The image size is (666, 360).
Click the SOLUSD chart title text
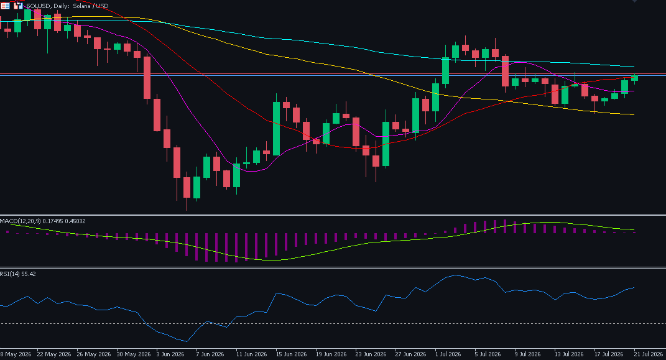[x=67, y=6]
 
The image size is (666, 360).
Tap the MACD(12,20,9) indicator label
[x=42, y=221]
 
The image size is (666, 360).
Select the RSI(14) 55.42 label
[x=18, y=274]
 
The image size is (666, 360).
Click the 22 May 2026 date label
[x=54, y=354]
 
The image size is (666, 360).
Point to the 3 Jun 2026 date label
[x=170, y=354]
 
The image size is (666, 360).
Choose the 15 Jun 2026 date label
[x=291, y=354]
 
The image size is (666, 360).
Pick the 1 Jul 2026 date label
[x=448, y=354]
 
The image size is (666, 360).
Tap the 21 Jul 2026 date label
[x=648, y=354]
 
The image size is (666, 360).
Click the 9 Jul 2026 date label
[x=527, y=354]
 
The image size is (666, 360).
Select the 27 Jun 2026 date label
[x=410, y=354]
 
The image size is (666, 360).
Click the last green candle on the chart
[x=634, y=78]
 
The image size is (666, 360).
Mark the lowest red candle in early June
[x=187, y=188]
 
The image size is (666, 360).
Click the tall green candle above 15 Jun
[x=277, y=129]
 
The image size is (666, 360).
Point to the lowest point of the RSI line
[x=187, y=341]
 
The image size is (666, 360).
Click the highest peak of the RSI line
[x=455, y=275]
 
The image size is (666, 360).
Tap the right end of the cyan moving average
[x=634, y=67]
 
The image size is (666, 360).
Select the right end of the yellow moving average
[x=634, y=114]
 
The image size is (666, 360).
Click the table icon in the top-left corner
[x=5, y=6]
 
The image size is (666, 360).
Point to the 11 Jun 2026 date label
[x=251, y=354]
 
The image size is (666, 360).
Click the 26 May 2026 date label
[x=94, y=354]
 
